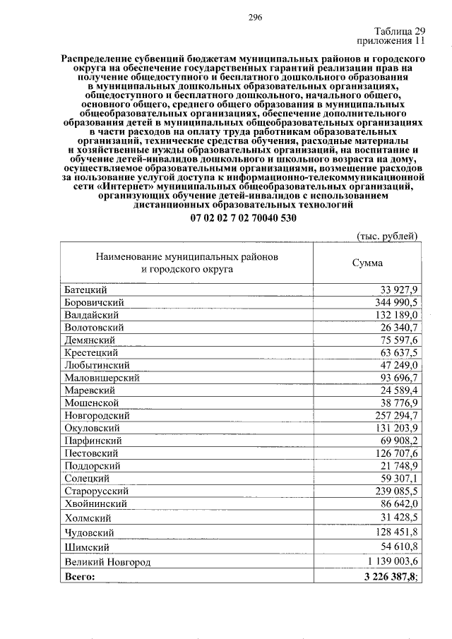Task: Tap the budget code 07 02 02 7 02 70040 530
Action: tap(243, 218)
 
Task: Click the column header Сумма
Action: tap(367, 263)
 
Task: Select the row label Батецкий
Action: tap(85, 290)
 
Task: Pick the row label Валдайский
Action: tap(90, 315)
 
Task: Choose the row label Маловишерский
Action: tap(102, 378)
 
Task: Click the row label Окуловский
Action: tap(92, 428)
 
